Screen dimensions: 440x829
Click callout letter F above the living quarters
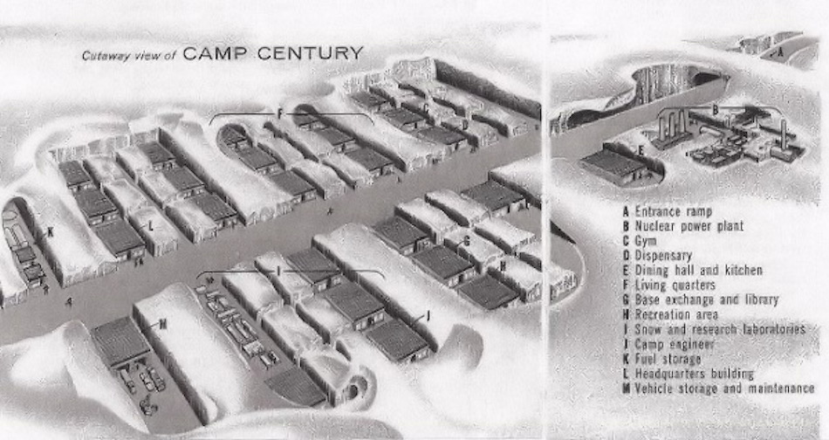(279, 114)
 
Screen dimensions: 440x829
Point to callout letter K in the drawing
(50, 232)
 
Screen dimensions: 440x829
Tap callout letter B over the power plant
(715, 110)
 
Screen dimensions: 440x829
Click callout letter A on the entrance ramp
(780, 51)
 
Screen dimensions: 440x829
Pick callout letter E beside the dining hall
(641, 150)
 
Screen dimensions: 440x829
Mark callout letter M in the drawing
(162, 324)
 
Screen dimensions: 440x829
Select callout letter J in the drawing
(428, 316)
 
